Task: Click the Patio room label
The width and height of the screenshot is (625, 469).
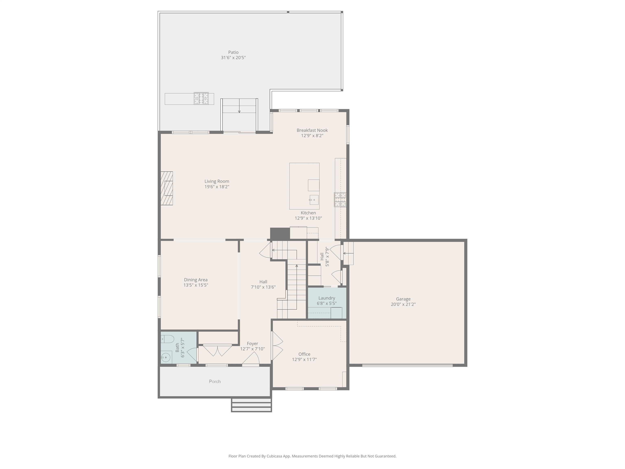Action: tap(233, 52)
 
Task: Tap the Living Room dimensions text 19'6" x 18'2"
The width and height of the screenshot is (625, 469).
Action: tap(217, 187)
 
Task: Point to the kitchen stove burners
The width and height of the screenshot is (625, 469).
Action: tap(340, 199)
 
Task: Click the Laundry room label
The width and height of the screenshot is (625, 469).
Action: tap(327, 298)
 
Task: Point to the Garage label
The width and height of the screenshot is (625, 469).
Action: tap(403, 299)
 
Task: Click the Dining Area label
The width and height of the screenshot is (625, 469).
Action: tap(196, 280)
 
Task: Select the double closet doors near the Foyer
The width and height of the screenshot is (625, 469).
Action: tap(217, 351)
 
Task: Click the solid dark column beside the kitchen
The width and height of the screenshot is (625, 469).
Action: tap(280, 233)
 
